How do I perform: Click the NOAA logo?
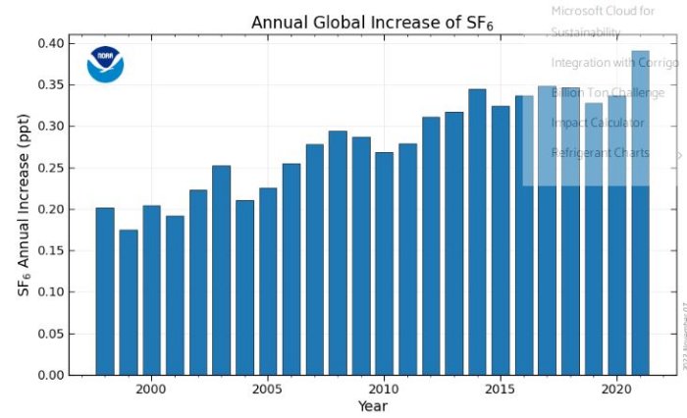click(x=105, y=64)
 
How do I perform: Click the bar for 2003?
click(x=221, y=271)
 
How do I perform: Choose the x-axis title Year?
click(x=372, y=406)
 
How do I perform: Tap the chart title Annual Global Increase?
click(x=371, y=23)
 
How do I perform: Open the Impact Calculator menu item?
click(x=598, y=123)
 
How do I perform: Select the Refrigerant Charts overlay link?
click(x=600, y=153)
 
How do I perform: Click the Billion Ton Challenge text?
click(x=608, y=92)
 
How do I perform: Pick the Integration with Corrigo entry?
click(x=614, y=63)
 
